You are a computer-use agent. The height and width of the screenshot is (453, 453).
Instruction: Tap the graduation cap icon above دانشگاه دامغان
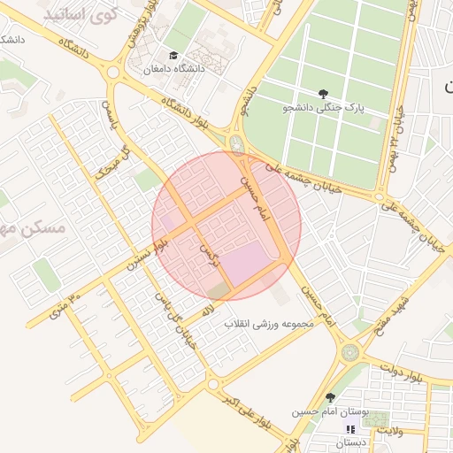pos(173,56)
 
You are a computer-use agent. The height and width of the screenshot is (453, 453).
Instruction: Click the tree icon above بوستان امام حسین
pos(331,398)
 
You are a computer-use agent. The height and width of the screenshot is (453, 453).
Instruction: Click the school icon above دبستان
pos(349,429)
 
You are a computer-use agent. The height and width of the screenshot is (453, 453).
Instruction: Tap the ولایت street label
pos(389,431)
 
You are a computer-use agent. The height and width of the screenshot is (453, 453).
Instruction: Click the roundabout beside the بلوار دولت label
pos(351,351)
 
